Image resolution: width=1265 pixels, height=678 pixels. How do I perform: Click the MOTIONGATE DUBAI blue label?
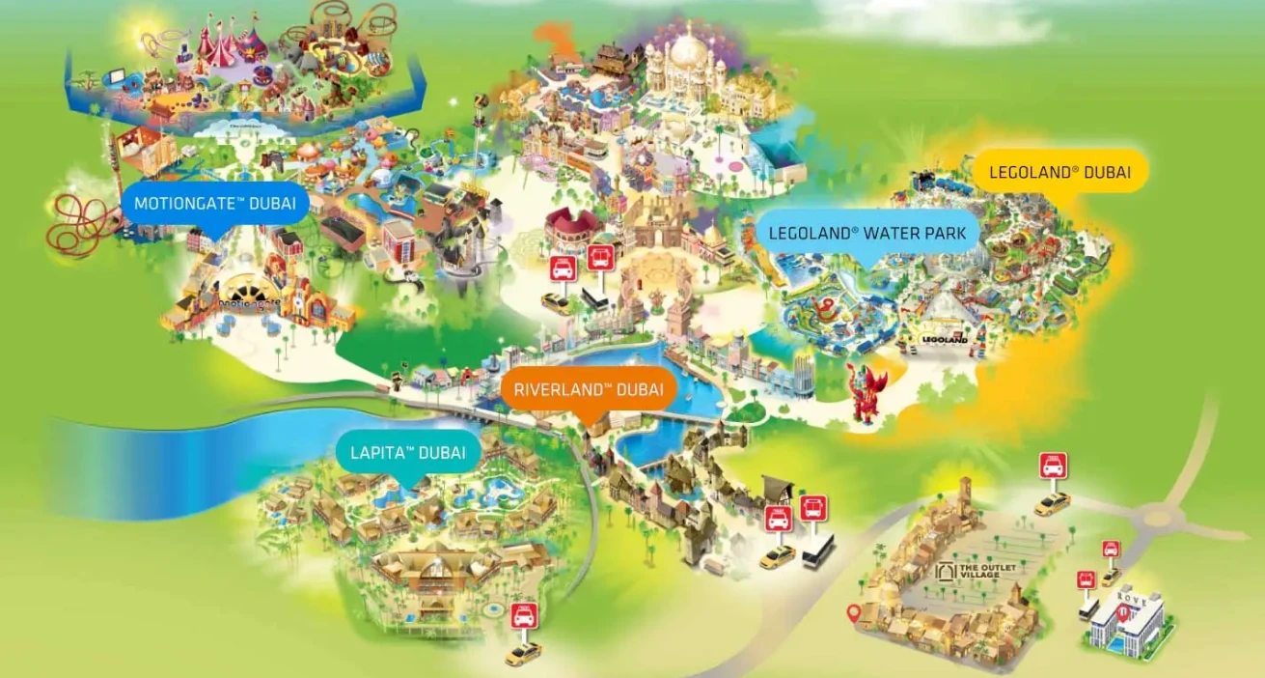pos(214,204)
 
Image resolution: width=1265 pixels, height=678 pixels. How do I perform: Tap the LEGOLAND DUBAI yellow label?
pos(1059,174)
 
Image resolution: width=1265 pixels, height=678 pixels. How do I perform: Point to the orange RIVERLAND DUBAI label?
pos(588,390)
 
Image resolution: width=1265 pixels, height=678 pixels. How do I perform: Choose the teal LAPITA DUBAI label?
pos(407,452)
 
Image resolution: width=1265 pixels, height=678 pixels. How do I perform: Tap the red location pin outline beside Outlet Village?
pos(852,612)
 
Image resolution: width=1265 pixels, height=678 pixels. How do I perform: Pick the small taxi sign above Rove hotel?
pos(1111,550)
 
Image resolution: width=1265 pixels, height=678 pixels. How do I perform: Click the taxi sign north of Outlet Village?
pos(1052,466)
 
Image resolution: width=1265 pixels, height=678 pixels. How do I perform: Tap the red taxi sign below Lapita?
pos(523,615)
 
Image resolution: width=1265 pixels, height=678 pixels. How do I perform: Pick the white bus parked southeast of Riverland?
pos(817,551)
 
